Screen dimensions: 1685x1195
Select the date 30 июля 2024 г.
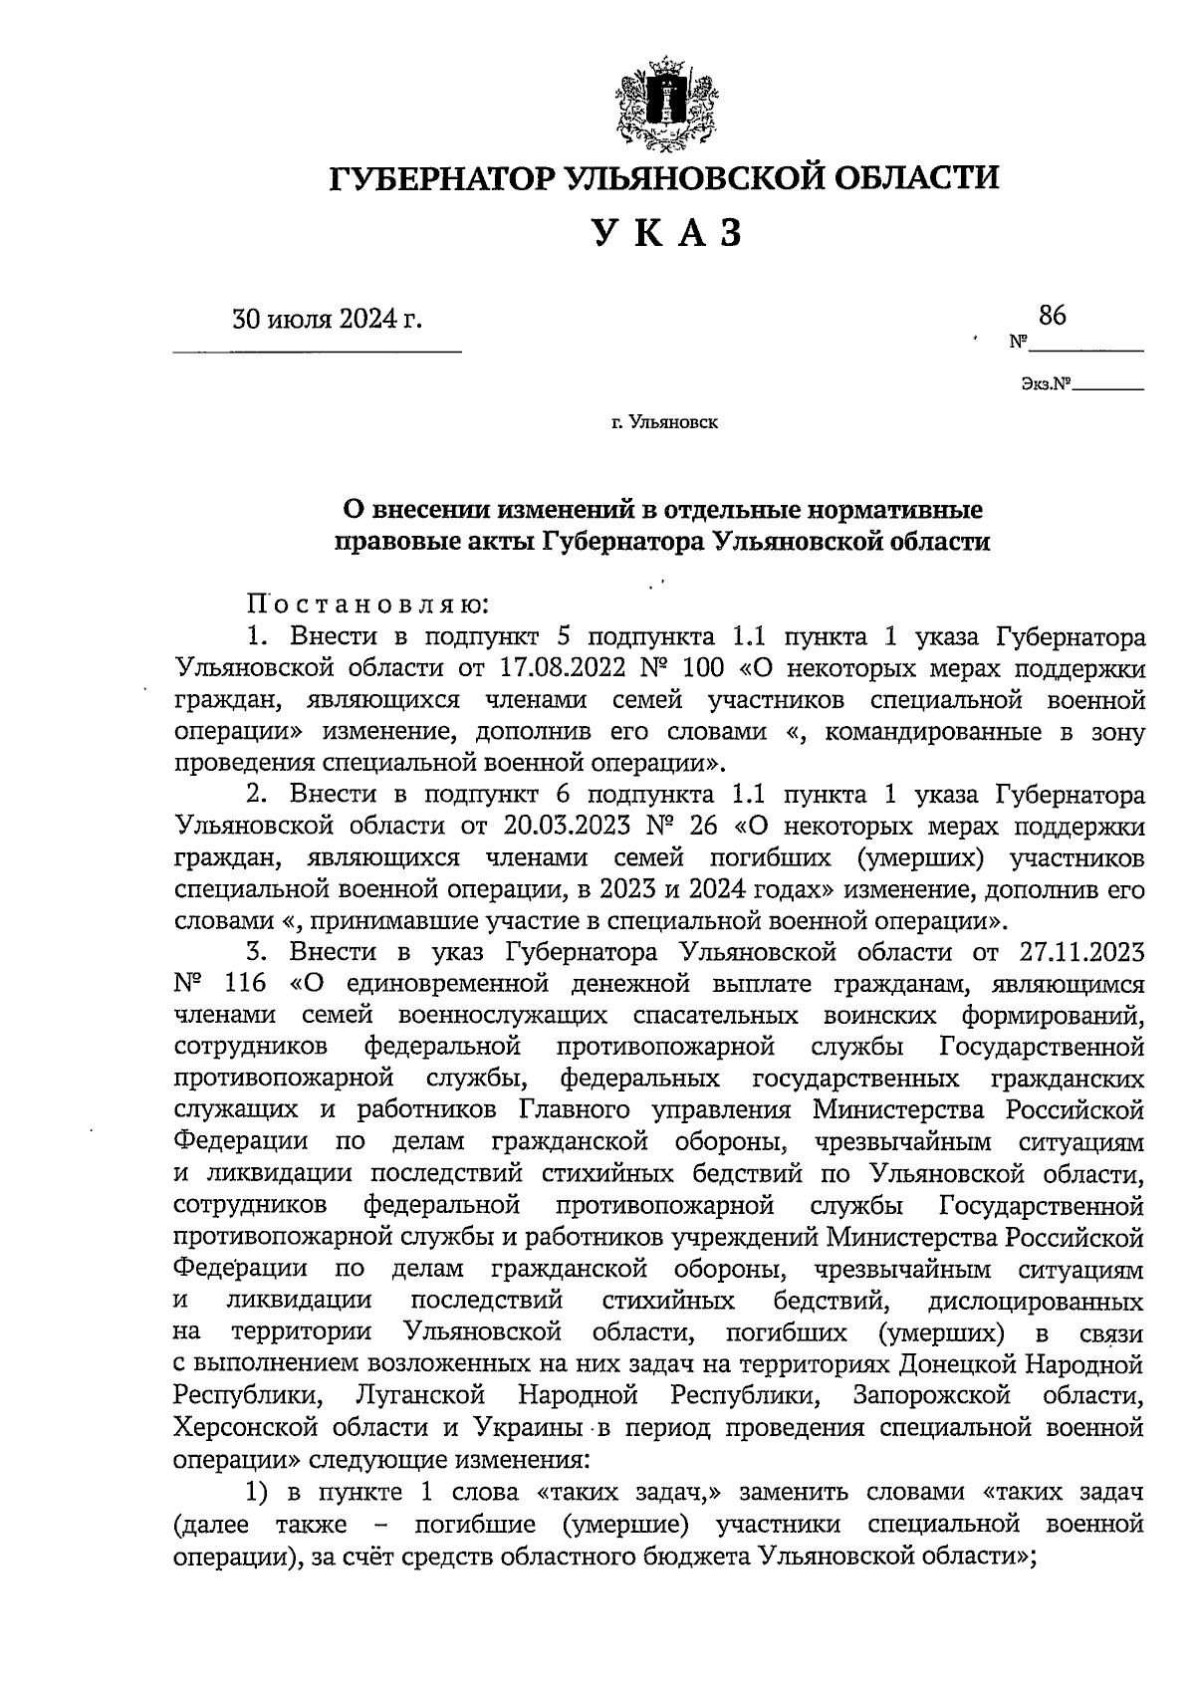(327, 321)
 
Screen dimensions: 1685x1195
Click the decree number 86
(1052, 317)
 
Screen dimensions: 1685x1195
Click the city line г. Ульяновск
(664, 422)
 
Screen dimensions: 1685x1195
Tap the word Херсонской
(254, 1428)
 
